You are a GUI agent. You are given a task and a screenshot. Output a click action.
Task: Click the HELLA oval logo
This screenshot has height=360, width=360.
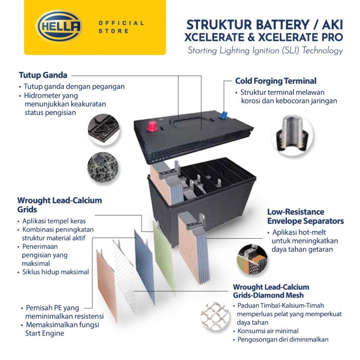[x=59, y=26]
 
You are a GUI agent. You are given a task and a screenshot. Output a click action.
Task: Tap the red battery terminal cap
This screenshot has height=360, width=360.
[x=152, y=127]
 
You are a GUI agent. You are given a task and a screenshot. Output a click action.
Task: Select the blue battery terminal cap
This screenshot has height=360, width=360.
[x=223, y=115]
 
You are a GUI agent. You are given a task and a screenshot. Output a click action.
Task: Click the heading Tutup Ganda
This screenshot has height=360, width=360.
[x=43, y=75]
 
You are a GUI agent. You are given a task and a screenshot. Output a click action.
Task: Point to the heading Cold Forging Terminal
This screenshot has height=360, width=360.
[x=276, y=81]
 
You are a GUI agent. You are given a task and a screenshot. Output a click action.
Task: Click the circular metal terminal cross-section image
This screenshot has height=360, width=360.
[x=292, y=135]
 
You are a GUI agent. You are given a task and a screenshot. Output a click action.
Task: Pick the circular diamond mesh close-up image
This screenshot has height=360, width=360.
[x=215, y=317]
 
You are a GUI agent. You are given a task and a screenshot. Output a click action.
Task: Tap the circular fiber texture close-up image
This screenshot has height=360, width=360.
[x=103, y=167]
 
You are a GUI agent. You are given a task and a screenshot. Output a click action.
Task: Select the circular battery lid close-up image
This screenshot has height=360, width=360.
[x=103, y=130]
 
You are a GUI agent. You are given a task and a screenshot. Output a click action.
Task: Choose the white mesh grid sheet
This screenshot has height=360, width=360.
[x=124, y=275]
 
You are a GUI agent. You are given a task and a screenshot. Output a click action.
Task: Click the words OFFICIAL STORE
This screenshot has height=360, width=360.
[x=121, y=27]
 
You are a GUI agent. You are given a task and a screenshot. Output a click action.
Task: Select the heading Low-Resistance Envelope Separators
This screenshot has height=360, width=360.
[x=305, y=217]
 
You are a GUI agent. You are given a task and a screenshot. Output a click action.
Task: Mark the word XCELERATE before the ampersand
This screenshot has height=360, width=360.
[x=214, y=38]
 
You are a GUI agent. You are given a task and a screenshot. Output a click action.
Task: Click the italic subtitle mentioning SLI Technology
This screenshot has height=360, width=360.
[x=265, y=51]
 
